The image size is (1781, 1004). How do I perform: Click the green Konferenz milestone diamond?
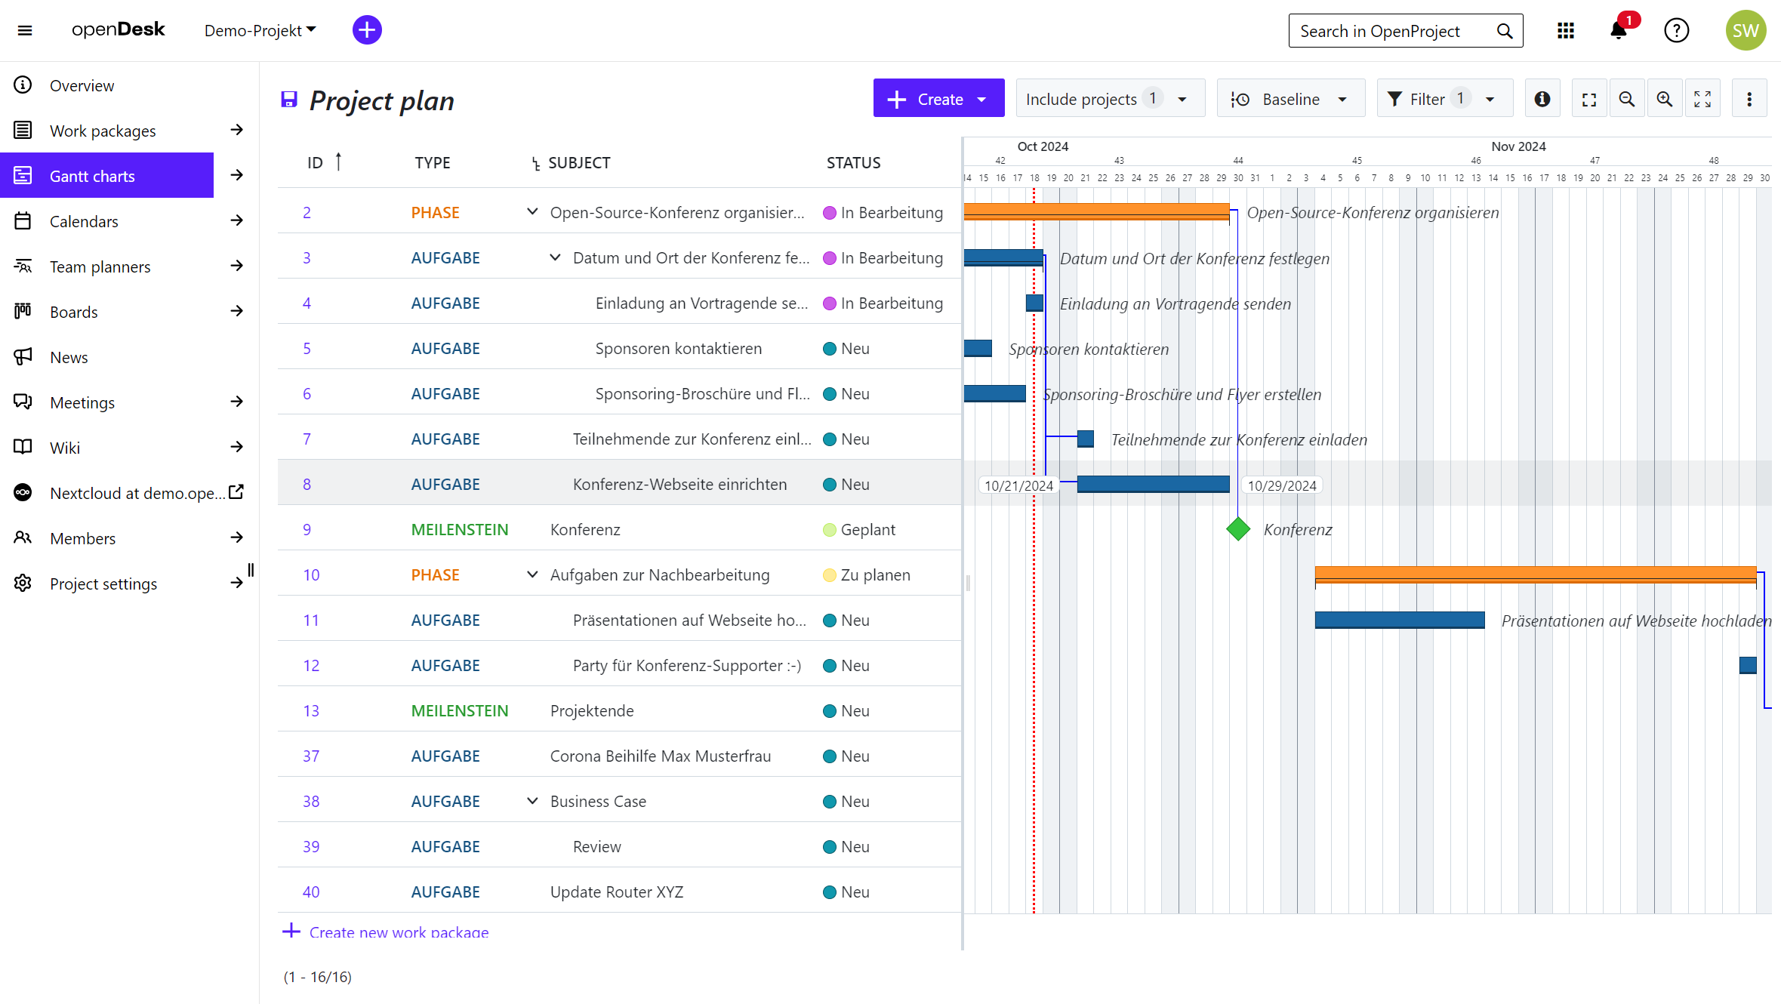[x=1238, y=529]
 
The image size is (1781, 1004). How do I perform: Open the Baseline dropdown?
[x=1290, y=99]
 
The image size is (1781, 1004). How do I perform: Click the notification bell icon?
[x=1618, y=31]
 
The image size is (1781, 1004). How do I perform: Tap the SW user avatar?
[x=1745, y=31]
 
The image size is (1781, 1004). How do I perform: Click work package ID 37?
[x=311, y=756]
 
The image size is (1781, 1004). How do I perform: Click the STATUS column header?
[x=853, y=163]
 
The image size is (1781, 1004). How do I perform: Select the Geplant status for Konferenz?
[x=867, y=530]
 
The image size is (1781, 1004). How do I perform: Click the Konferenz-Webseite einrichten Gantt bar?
[x=1153, y=484]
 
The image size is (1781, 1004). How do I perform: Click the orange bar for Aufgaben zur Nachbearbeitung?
[x=1535, y=574]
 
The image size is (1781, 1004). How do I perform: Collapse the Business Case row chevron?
[x=532, y=801]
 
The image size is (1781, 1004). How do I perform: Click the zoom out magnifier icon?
[x=1626, y=99]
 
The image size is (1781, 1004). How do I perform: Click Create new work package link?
[x=398, y=932]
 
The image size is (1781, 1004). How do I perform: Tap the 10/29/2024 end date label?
[x=1281, y=485]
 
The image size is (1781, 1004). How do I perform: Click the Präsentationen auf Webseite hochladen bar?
[x=1399, y=620]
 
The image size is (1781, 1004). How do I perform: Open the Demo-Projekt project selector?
[x=260, y=31]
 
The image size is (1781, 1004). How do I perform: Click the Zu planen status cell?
[x=874, y=575]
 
